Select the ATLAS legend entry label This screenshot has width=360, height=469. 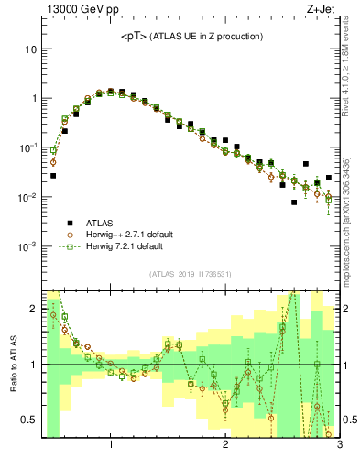click(101, 222)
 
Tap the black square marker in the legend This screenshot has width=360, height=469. click(70, 222)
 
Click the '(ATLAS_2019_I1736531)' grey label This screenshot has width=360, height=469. click(190, 274)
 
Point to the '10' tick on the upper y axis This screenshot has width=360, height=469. click(31, 49)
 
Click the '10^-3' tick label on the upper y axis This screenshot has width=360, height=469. click(28, 247)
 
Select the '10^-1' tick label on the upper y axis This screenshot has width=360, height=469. click(28, 147)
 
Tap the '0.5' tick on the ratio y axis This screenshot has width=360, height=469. click(29, 420)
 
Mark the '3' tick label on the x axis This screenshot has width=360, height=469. click(339, 446)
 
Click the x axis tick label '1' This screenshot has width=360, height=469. click(111, 446)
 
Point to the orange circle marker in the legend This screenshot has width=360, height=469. click(70, 234)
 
